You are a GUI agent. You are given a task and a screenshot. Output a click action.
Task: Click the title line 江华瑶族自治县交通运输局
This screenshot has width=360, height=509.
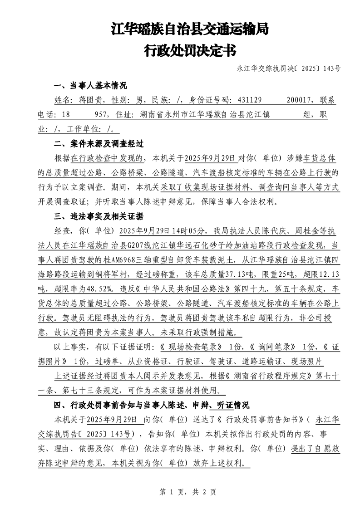(x=190, y=30)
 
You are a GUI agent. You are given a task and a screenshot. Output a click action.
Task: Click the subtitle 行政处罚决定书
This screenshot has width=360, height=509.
(x=190, y=50)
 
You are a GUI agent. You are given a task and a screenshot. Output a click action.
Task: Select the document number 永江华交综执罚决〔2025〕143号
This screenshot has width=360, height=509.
(x=289, y=69)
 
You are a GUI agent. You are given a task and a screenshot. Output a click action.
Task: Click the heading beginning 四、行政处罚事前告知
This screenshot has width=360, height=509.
(x=152, y=405)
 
